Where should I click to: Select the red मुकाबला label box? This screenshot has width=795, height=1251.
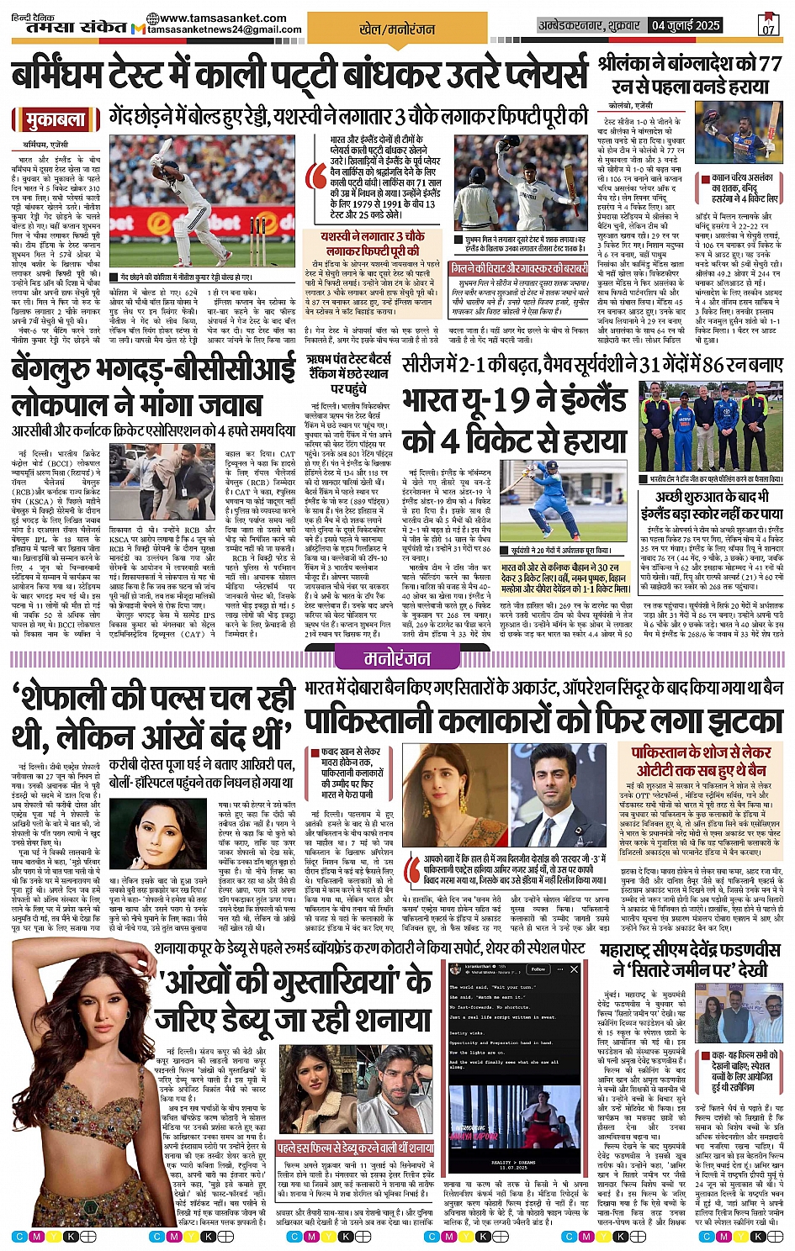point(56,119)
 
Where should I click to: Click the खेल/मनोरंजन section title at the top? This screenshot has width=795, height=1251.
point(397,29)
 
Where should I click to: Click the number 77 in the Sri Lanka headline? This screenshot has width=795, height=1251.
point(769,63)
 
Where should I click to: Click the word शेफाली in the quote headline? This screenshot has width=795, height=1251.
point(84,698)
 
